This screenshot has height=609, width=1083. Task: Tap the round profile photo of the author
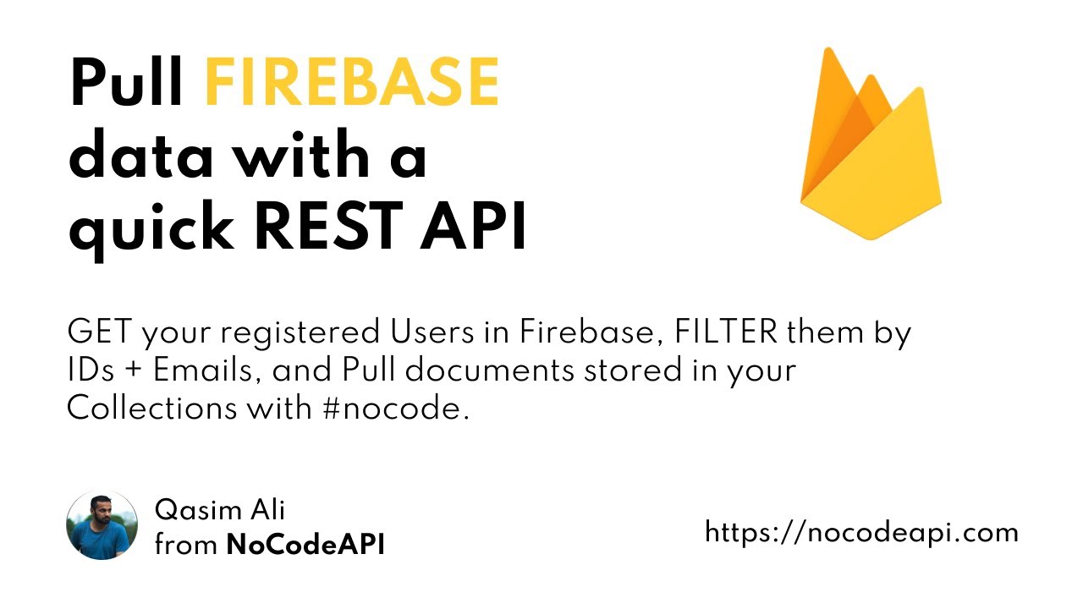[102, 525]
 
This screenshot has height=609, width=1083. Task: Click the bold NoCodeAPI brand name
[305, 546]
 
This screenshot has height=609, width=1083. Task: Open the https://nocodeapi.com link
[861, 532]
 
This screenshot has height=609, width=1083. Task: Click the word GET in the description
[99, 333]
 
